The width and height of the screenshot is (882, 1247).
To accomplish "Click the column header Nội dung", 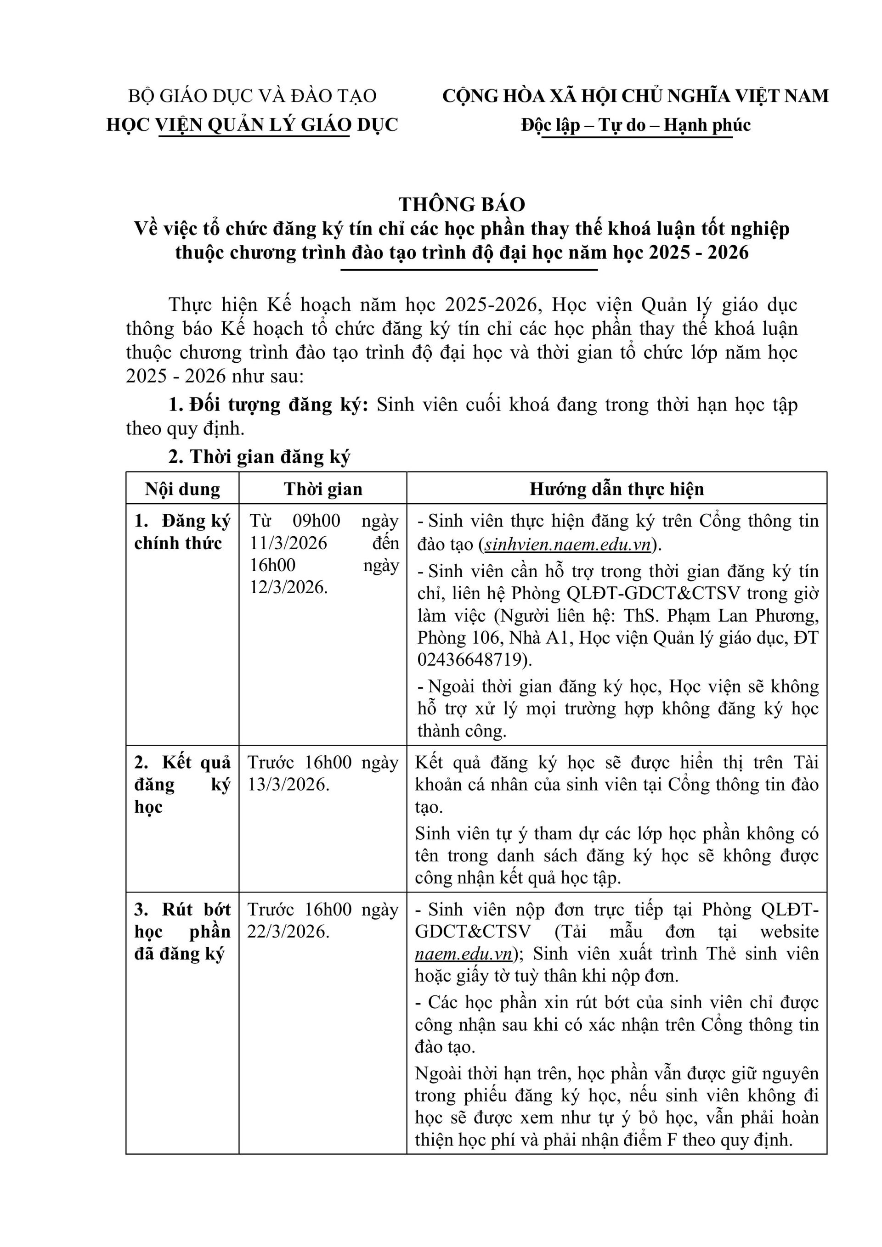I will (x=182, y=489).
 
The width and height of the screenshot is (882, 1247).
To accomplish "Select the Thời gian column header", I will (x=323, y=489).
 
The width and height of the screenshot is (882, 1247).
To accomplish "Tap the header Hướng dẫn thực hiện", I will (x=616, y=489).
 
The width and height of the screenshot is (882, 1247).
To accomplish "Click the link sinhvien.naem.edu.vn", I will (x=567, y=544).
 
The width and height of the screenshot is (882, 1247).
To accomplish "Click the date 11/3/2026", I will (x=288, y=543).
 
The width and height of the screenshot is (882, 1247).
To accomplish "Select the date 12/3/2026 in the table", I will (x=288, y=587).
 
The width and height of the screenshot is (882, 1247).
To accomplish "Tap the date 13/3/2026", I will (x=288, y=784).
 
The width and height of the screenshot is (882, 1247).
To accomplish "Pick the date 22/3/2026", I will (x=288, y=932).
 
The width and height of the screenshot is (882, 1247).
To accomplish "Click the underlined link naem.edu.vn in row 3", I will (x=464, y=954).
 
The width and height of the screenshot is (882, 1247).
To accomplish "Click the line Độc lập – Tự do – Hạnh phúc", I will (x=635, y=125).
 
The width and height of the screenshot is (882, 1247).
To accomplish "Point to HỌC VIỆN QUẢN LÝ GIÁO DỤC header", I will (x=252, y=125).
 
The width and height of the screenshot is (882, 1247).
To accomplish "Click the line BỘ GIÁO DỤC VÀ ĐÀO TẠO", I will (x=252, y=96).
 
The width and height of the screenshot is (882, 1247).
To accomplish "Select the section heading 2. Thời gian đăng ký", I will (x=259, y=457).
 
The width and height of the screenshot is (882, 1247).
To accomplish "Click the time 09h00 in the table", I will (x=317, y=521).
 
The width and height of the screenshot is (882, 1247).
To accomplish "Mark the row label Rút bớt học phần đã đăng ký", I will (x=182, y=932).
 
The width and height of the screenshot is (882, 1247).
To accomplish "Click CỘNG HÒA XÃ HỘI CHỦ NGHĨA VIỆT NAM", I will (x=635, y=96).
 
